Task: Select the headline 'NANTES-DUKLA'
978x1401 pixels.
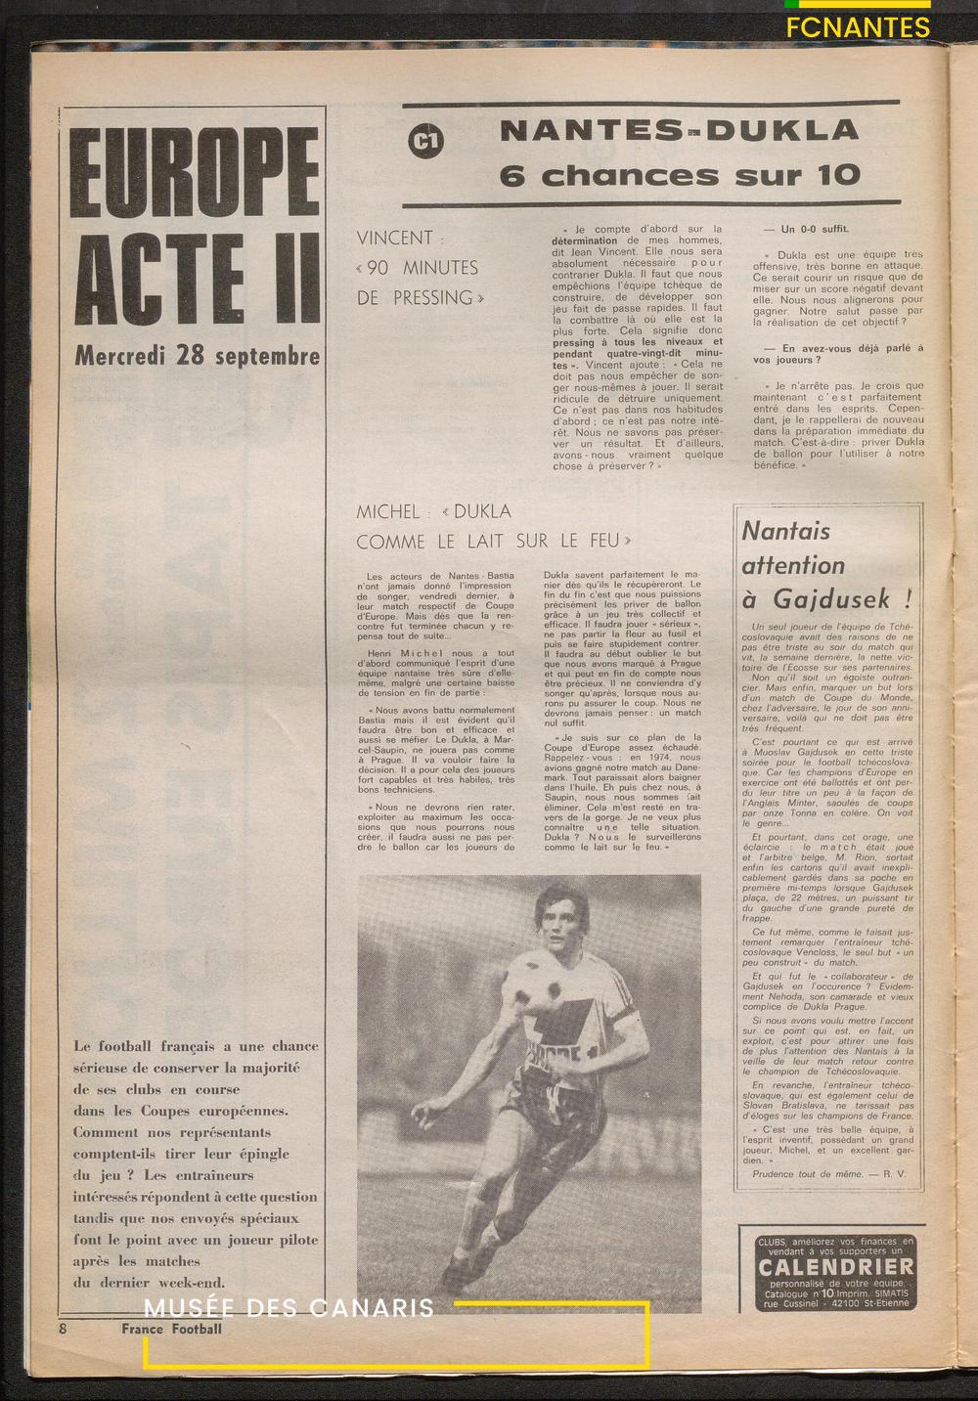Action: pyautogui.click(x=679, y=130)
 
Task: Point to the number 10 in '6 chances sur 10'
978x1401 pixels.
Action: pyautogui.click(x=834, y=176)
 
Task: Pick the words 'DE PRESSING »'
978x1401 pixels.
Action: pyautogui.click(x=422, y=298)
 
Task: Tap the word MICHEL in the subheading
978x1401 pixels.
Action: pyautogui.click(x=387, y=511)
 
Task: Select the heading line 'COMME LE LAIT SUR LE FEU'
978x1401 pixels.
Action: pyautogui.click(x=494, y=541)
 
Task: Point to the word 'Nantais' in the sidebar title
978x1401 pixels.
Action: pyautogui.click(x=785, y=531)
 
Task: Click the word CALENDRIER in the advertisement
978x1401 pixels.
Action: pyautogui.click(x=836, y=1267)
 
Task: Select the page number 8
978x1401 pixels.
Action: pyautogui.click(x=63, y=1329)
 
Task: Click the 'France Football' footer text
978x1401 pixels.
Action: pyautogui.click(x=171, y=1329)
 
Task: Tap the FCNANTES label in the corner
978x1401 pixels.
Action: pyautogui.click(x=858, y=27)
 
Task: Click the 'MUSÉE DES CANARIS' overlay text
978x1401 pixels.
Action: pyautogui.click(x=289, y=1308)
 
